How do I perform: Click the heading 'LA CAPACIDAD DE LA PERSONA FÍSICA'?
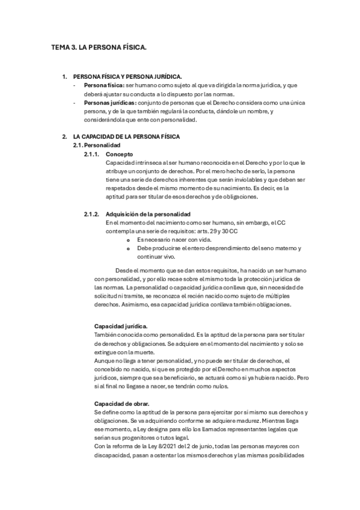(x=128, y=137)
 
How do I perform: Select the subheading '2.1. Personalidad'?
(x=97, y=146)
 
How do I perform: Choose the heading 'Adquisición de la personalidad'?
(x=148, y=214)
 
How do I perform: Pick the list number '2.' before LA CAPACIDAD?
(x=65, y=137)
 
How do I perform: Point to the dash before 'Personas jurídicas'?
(x=73, y=103)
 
